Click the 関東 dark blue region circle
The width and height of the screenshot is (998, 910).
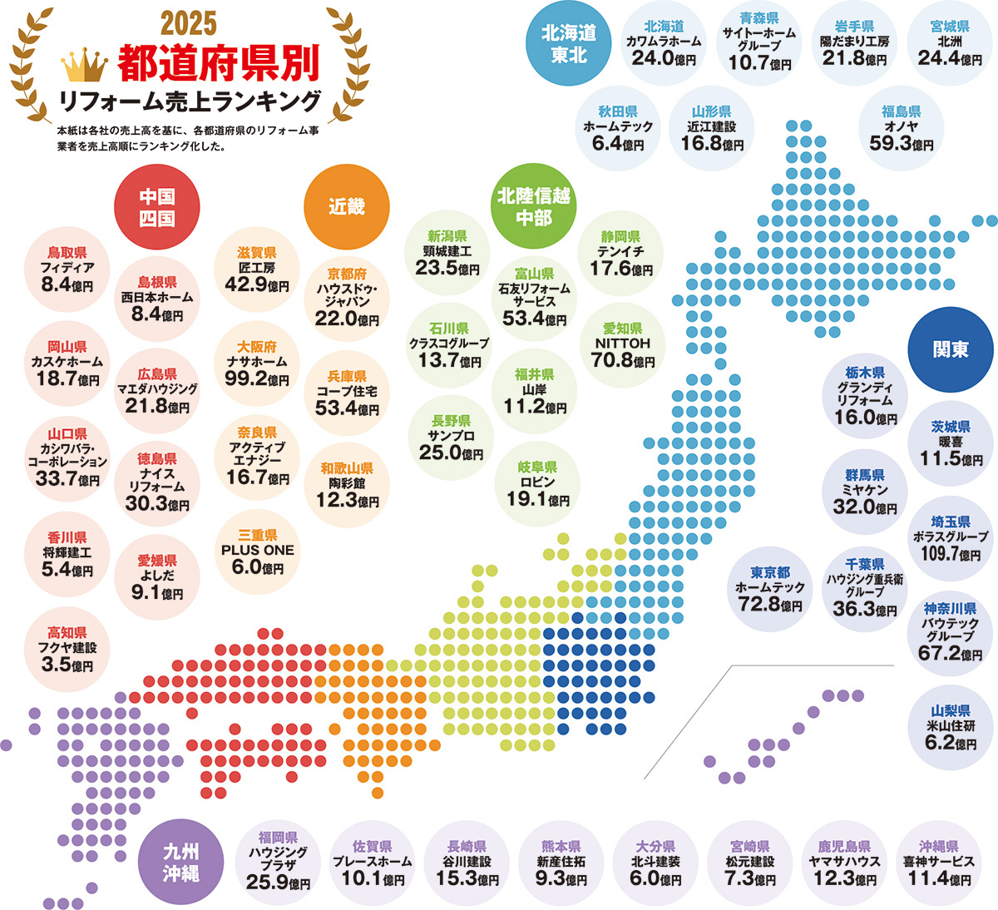click(x=951, y=349)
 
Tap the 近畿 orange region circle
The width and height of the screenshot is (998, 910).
click(x=347, y=207)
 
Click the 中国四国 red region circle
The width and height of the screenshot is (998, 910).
click(x=156, y=207)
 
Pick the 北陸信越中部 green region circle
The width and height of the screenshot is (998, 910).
click(x=533, y=207)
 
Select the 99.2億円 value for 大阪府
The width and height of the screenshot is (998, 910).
click(x=256, y=378)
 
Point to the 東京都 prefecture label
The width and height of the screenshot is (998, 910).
click(x=770, y=572)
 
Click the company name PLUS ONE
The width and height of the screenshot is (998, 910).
click(x=257, y=551)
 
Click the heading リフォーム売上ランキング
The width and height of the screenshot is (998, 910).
click(x=189, y=101)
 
